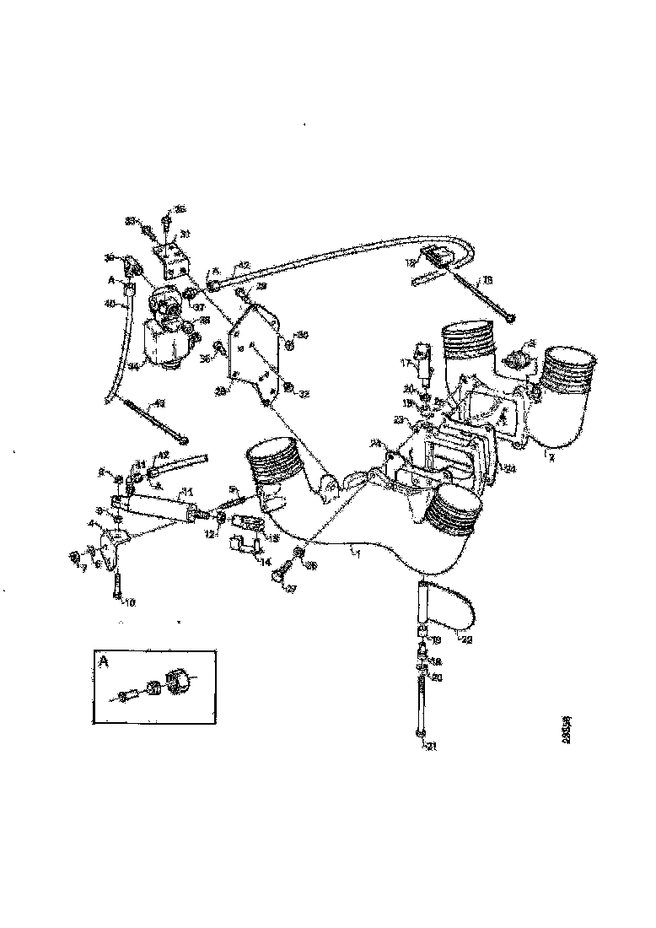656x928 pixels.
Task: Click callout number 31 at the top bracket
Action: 185,234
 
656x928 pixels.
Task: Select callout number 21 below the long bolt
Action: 433,746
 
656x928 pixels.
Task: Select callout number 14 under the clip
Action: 266,561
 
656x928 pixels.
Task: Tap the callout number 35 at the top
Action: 179,208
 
